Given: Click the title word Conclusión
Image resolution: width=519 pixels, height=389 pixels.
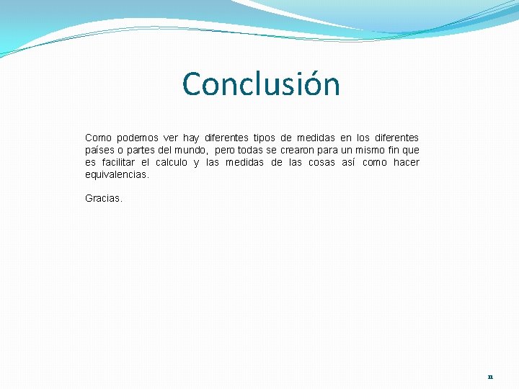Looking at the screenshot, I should click(261, 84).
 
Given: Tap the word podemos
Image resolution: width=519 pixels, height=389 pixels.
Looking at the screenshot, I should click(136, 138).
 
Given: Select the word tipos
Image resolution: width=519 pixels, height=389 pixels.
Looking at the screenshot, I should click(267, 138).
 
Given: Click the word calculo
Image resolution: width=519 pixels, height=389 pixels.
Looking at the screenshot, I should click(172, 162).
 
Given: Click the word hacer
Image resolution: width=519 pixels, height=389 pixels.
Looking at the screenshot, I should click(406, 162).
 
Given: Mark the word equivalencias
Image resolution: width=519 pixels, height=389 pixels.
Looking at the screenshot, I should click(117, 174).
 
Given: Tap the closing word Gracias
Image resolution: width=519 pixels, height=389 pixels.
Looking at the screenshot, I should click(104, 197).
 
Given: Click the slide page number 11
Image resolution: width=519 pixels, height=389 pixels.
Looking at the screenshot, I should click(490, 377).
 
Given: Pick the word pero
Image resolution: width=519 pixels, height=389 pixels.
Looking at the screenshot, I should click(224, 150).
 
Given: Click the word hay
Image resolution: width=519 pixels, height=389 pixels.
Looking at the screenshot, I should click(191, 138).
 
